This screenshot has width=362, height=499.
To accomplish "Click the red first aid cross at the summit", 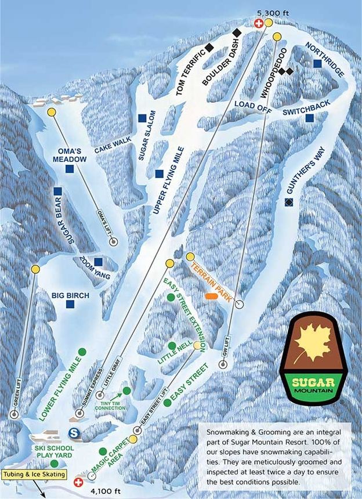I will coord(259,23).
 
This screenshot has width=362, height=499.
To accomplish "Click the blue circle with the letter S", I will coord(74,432).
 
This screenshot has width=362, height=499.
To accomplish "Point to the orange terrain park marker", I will coord(212,296).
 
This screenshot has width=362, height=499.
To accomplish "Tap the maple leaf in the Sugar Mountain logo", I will coord(313,348).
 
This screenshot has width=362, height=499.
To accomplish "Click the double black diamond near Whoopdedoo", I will coord(285,71).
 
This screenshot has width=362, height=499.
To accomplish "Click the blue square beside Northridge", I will coord(317,63).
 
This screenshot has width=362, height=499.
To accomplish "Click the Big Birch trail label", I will coord(70,296).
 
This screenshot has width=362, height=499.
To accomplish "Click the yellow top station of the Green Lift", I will coord(36,269).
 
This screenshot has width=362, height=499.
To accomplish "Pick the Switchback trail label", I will coord(307,103).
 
